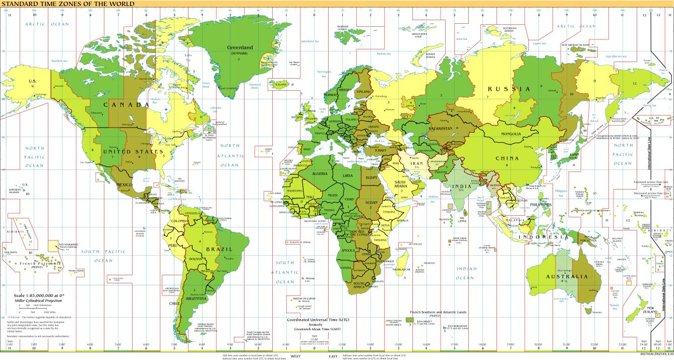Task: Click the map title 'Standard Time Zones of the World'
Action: (x=68, y=4)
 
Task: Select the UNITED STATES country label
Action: (x=133, y=151)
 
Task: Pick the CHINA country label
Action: (x=507, y=158)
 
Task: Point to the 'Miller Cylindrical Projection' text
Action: (x=34, y=301)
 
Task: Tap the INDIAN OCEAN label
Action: (x=465, y=273)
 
